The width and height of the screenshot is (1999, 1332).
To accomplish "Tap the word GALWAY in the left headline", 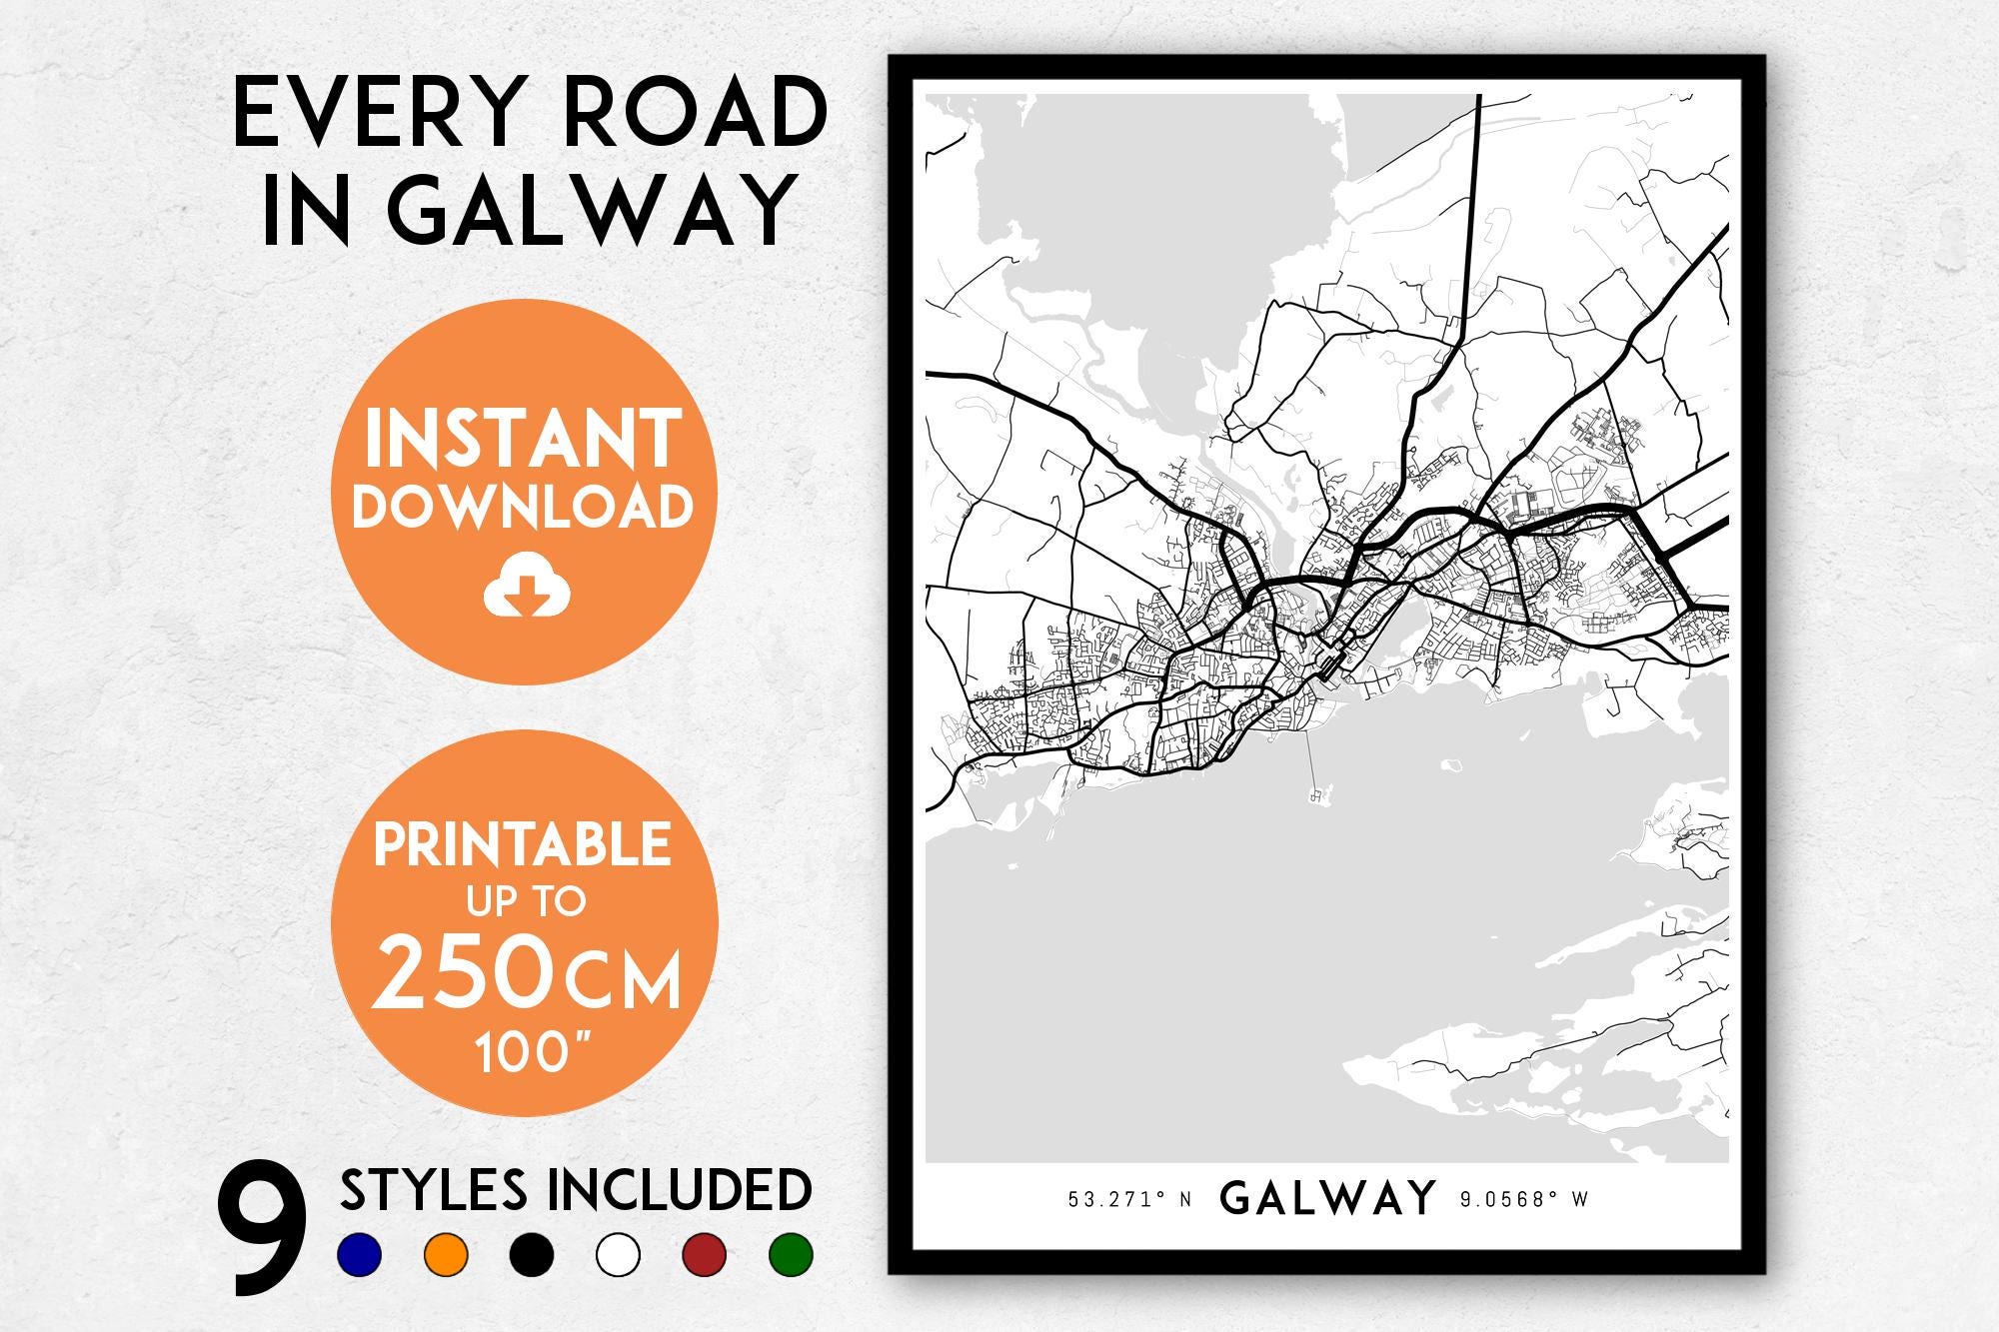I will pos(589,212).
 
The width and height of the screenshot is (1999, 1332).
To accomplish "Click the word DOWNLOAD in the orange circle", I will pos(523,506).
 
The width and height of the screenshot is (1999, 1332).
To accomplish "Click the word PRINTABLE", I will pos(522,845).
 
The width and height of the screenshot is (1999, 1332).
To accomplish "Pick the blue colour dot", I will pos(360,1254).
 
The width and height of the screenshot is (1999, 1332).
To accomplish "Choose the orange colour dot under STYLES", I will pos(446,1254).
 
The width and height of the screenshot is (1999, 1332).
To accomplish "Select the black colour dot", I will pos(532,1254).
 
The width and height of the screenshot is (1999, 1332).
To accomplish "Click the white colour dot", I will pos(618,1254).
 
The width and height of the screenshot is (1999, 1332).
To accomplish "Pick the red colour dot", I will pos(705,1254).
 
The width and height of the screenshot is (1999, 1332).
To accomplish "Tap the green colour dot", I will pos(791,1254).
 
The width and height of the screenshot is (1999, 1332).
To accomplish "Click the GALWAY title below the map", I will pos(1328,1197).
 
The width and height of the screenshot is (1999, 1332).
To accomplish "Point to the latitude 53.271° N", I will pos(1129,1200).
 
